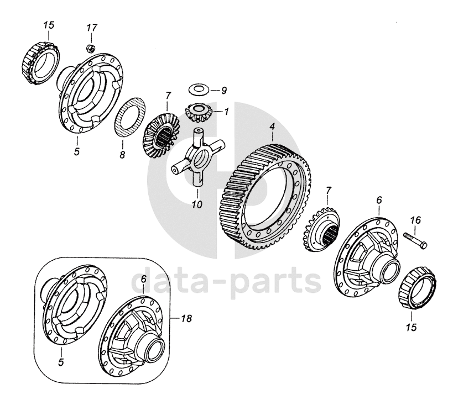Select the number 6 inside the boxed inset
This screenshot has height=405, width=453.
point(143,280)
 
